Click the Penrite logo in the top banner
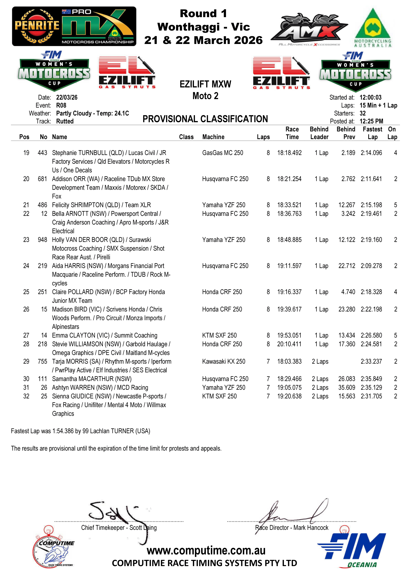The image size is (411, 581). (x=37, y=26)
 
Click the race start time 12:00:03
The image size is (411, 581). (x=370, y=97)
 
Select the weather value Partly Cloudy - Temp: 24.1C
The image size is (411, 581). (x=92, y=113)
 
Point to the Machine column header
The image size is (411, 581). (x=213, y=137)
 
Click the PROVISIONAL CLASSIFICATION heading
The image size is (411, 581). (x=205, y=119)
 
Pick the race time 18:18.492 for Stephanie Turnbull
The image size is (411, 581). (x=289, y=153)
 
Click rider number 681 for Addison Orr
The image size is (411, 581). (x=42, y=179)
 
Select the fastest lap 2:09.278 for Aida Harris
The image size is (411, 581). (x=371, y=266)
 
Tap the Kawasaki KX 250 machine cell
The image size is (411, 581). (x=224, y=362)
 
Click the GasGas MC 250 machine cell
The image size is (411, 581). (x=223, y=153)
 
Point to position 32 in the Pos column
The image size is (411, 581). (x=26, y=396)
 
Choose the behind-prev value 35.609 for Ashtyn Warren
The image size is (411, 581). (x=346, y=388)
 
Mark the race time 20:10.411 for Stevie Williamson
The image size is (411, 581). (x=289, y=344)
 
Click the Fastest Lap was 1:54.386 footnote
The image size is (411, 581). (x=81, y=431)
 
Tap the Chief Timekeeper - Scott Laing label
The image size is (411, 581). (x=119, y=528)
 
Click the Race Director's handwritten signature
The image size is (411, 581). (x=294, y=514)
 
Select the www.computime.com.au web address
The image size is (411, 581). (x=206, y=550)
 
